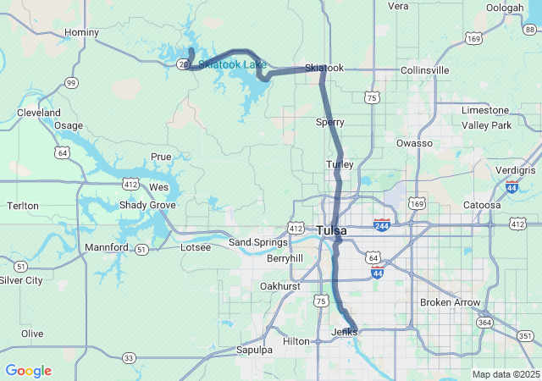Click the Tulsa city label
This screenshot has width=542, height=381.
[x=331, y=230]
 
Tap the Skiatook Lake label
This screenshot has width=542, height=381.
[x=232, y=64]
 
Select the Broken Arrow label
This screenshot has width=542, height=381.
[x=450, y=302]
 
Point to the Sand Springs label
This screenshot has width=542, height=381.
[x=259, y=243]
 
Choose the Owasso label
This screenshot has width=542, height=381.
[x=414, y=143]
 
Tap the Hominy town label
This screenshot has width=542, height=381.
[x=82, y=33]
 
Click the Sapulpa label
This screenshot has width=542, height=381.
[x=254, y=350]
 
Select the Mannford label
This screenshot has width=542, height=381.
[x=106, y=247]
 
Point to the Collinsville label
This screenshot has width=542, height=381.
[x=425, y=69]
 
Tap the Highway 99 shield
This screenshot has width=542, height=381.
[x=71, y=82]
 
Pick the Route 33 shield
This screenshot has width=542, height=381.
[x=129, y=358]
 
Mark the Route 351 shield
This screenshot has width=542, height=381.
[x=525, y=336]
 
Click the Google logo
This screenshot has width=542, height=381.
[x=28, y=371]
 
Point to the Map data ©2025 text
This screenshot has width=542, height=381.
[x=505, y=374]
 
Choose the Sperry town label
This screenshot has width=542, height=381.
[x=329, y=122]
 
